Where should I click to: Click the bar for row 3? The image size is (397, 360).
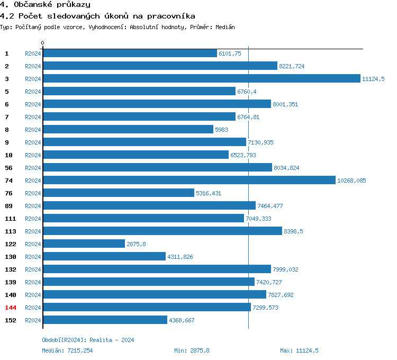click(201, 78)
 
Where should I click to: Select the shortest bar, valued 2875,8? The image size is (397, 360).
click(84, 244)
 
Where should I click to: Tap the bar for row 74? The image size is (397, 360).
click(189, 180)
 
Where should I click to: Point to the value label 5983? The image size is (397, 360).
click(221, 130)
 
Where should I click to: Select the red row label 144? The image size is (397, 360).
click(11, 308)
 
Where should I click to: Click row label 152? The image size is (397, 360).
click(11, 320)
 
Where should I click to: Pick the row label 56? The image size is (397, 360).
click(8, 168)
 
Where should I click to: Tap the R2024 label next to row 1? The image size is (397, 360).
click(33, 53)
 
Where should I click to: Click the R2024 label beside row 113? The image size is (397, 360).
click(33, 231)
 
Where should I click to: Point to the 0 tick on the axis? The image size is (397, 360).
click(43, 43)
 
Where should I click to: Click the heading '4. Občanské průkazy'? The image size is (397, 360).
click(45, 5)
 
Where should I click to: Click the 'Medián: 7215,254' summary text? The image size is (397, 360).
click(67, 350)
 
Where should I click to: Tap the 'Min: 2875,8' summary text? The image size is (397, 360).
click(192, 350)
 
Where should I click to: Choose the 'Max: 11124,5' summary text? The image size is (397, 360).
click(299, 350)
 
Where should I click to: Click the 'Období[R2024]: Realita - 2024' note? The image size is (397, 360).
click(88, 340)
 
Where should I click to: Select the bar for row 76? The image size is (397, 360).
click(118, 193)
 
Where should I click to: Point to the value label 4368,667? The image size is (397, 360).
click(182, 320)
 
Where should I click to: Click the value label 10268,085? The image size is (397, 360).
click(351, 181)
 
